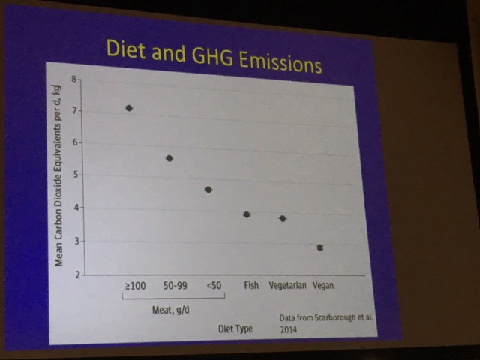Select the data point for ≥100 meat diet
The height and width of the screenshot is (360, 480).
[129, 108]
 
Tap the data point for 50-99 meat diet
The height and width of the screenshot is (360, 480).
[169, 158]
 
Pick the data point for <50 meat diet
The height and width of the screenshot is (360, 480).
[208, 190]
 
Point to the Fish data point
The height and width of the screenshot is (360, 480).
[247, 214]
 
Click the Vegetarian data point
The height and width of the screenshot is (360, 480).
[283, 218]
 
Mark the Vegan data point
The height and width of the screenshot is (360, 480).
[320, 247]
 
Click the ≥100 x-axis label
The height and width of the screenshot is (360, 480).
[133, 285]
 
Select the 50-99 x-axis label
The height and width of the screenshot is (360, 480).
[173, 285]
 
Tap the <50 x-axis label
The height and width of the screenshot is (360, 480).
[213, 285]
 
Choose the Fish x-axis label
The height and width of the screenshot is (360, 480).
[251, 285]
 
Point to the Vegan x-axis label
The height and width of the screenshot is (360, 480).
[323, 285]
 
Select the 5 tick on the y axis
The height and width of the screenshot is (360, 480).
[74, 175]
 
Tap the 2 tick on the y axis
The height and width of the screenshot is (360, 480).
[76, 274]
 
